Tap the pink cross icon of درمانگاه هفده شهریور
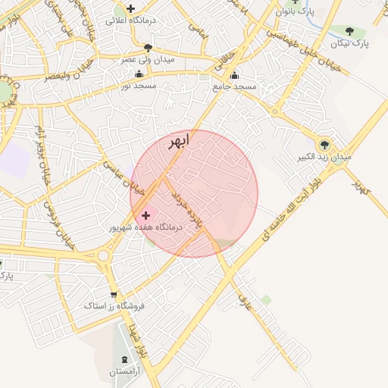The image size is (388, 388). [x=146, y=215]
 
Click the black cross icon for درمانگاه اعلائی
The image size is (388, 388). [x=131, y=8]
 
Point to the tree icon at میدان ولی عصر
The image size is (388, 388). [x=148, y=48]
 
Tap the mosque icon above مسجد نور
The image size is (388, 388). [x=139, y=74]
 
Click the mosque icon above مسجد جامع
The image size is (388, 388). [x=234, y=75]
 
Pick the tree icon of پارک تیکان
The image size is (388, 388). [x=349, y=31]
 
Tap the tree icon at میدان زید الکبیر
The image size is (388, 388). [x=325, y=143]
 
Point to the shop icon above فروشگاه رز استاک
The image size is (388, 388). [x=114, y=295]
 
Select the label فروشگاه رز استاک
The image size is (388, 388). [x=114, y=307]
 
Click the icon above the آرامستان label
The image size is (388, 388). [x=125, y=358]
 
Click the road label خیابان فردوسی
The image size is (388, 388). [x=50, y=220]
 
